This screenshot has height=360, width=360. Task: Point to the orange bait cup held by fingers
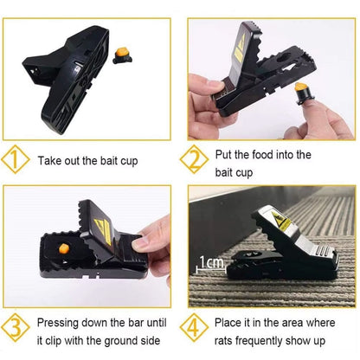tap(301, 88)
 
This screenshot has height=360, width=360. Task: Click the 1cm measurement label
tap(209, 261)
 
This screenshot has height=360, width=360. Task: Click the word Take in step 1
tap(51, 161)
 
